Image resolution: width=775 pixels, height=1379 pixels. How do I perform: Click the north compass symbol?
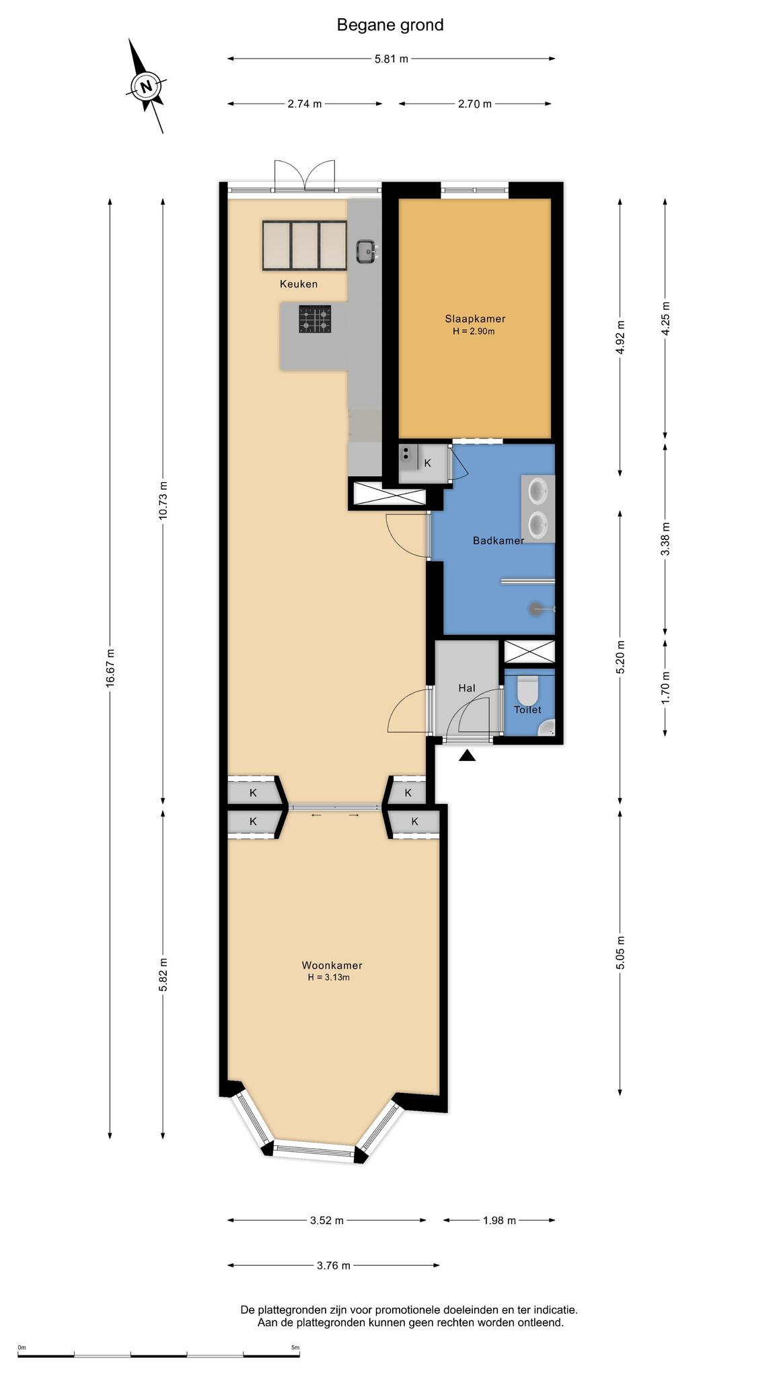145,86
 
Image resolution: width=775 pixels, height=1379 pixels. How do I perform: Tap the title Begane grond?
390,26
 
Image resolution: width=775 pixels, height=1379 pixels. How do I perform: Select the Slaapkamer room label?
475,318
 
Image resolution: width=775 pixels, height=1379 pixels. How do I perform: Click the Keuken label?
299,284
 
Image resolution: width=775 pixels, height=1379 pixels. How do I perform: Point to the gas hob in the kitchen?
316,318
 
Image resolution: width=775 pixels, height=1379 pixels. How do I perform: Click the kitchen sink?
366,251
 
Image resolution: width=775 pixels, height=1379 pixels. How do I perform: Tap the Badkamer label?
499,540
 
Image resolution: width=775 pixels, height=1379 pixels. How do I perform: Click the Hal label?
467,688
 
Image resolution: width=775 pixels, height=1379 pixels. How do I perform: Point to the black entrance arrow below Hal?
468,756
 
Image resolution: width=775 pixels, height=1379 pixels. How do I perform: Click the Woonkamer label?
332,966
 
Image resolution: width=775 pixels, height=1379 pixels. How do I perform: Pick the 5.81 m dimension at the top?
392,59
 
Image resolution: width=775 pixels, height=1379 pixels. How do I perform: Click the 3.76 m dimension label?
334,1265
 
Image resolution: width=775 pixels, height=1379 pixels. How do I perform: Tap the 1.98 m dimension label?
499,1220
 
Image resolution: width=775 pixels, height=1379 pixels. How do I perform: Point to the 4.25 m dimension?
665,318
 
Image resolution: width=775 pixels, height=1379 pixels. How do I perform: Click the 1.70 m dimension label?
665,687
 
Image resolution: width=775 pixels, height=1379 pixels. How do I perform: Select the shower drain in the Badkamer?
535,609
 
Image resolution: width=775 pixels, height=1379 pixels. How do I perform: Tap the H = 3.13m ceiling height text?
329,977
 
